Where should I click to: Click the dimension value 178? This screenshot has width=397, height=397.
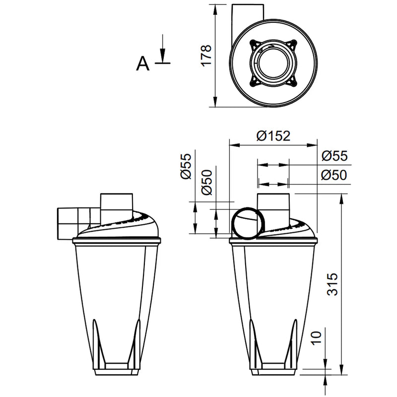(x=207, y=56)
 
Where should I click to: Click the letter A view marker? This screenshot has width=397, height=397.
(x=143, y=64)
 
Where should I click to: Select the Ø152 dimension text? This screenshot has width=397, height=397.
(x=273, y=135)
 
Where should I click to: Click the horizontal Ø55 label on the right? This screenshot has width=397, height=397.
(x=333, y=156)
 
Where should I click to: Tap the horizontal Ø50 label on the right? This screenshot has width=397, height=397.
(x=333, y=175)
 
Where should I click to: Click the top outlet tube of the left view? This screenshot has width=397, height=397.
(x=117, y=204)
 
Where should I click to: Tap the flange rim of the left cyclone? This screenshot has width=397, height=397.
(x=117, y=241)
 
